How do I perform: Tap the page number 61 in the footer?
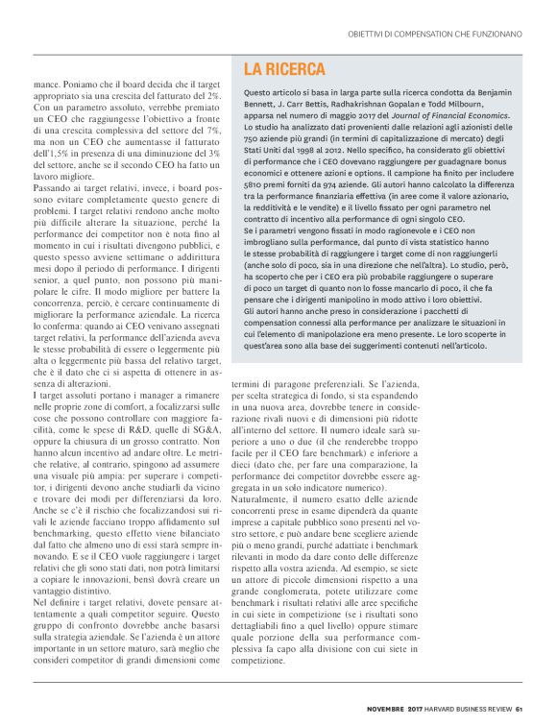[x=518, y=711]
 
